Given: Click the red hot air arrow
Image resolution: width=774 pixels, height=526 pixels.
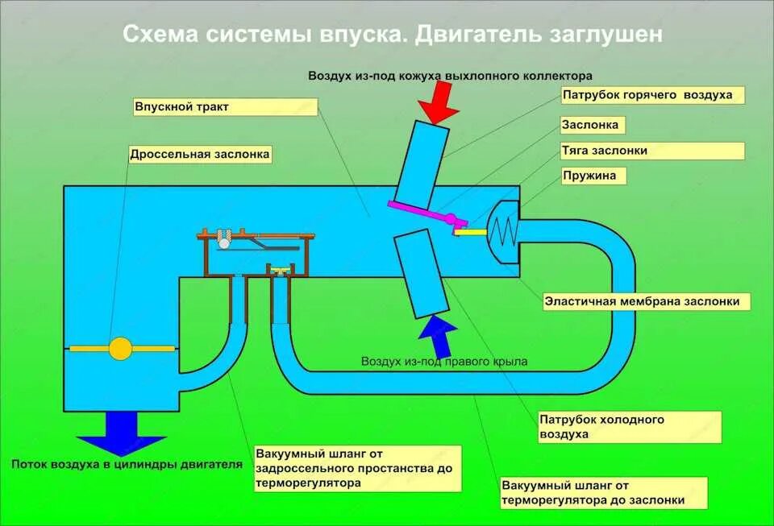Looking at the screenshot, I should coord(439,103).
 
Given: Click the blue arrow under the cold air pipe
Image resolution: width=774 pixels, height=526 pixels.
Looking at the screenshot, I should coord(435,334).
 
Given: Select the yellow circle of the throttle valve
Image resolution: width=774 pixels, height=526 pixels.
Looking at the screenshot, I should coord(120,348).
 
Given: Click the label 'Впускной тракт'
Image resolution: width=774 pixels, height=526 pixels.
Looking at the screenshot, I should coord(225,107).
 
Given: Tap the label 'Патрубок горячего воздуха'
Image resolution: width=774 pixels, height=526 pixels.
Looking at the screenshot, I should coord(651,95).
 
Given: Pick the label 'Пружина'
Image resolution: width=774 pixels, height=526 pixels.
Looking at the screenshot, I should coord(593,176).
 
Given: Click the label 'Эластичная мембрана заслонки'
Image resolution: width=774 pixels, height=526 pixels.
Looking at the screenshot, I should coord(646,302).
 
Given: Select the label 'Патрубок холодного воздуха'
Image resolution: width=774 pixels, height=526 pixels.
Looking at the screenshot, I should coord(614,427).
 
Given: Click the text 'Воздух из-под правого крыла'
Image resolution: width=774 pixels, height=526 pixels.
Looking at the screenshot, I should coord(444,362).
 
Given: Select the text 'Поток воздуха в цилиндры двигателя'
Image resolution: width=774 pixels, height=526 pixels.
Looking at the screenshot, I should coord(127,464).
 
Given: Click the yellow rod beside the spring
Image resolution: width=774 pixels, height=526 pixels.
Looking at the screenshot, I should coord(470,231).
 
